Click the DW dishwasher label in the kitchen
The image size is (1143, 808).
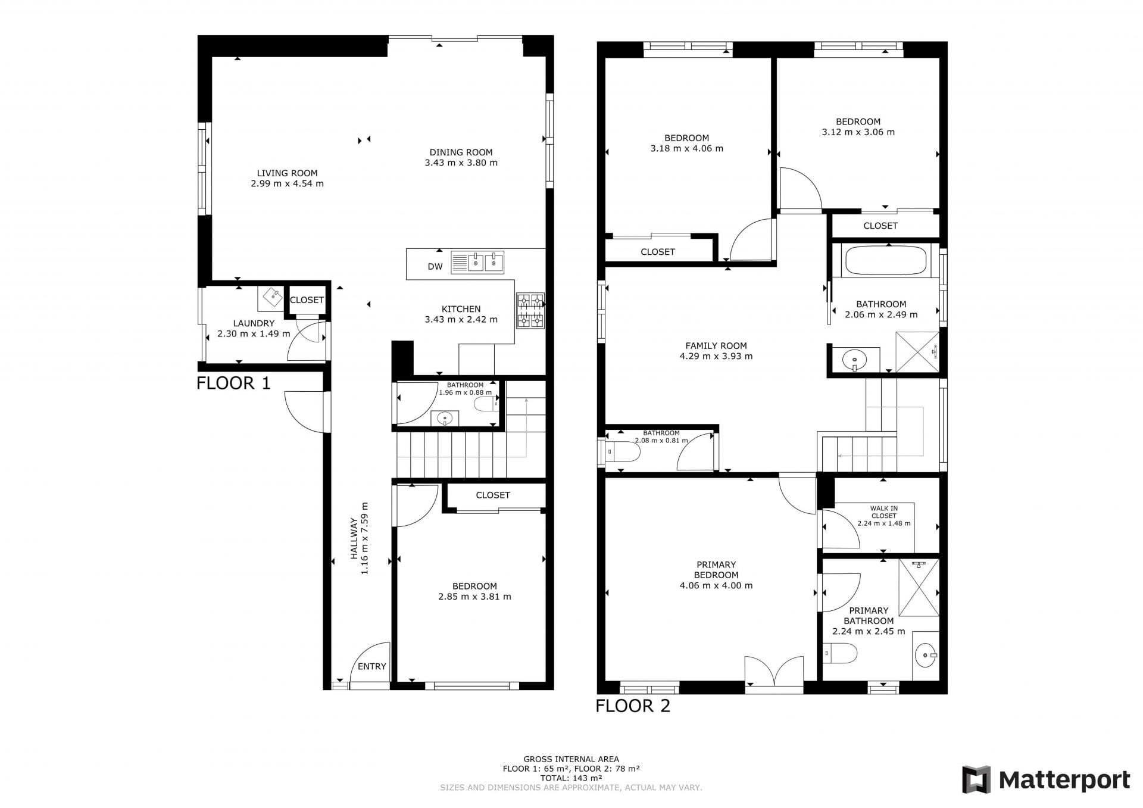pos(435,267)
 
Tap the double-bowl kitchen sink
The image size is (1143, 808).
pos(477,263)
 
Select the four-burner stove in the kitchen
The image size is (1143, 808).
pos(530,310)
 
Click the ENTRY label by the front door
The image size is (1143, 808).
pos(372,666)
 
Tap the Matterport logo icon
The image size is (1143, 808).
pos(976,780)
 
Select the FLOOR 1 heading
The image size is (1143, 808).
pos(233,383)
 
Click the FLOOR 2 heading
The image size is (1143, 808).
pos(633,706)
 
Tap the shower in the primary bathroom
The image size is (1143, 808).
pos(919,588)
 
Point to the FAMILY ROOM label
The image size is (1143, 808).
pos(716,345)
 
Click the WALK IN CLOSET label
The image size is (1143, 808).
pos(884,512)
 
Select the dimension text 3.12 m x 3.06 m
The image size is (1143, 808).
pos(858,132)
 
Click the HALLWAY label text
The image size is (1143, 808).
pos(354,538)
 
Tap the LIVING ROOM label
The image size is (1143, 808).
pos(287,173)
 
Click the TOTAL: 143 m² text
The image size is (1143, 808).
pos(571,778)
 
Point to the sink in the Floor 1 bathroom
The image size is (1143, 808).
pos(445,419)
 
